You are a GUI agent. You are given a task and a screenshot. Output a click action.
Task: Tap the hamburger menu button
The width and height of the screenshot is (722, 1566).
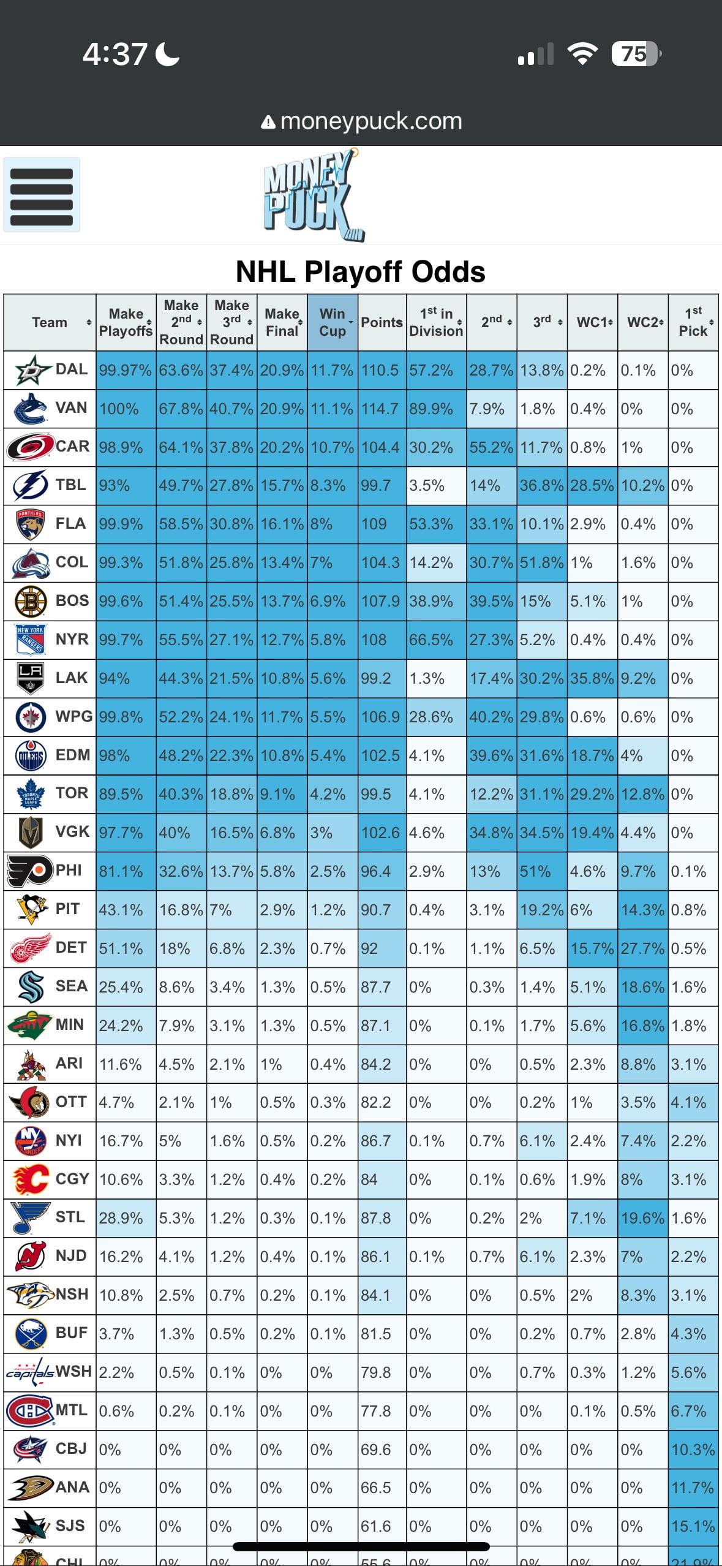point(42,195)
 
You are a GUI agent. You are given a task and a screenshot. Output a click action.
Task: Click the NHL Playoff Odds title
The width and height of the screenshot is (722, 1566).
point(361,271)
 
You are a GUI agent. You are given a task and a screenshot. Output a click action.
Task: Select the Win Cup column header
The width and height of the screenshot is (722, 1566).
point(333,322)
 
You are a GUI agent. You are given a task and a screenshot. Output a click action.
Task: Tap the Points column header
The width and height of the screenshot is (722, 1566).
point(382,322)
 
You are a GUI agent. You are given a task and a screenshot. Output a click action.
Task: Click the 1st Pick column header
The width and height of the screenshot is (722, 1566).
point(693,322)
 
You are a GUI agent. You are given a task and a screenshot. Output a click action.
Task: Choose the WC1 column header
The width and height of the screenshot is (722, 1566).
point(592,322)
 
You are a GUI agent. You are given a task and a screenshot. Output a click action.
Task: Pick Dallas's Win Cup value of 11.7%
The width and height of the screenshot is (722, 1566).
point(332,371)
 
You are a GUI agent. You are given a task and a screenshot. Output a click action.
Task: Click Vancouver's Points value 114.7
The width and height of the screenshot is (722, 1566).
point(380,409)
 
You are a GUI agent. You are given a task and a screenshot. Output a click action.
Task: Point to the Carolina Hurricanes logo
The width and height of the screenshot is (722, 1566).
point(29,447)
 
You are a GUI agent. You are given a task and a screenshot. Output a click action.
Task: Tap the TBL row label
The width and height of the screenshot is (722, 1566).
point(71,485)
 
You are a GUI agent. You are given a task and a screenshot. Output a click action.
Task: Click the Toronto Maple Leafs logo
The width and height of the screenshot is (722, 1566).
point(29,794)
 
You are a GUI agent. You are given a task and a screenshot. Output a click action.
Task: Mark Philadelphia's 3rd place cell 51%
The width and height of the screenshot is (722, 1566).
point(535,871)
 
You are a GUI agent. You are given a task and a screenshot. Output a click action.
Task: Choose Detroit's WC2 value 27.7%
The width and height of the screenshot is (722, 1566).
point(642,948)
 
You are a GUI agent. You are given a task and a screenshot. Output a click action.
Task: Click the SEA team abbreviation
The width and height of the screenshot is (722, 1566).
point(71,986)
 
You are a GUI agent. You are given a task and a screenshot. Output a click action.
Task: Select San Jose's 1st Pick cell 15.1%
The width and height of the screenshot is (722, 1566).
point(693,1526)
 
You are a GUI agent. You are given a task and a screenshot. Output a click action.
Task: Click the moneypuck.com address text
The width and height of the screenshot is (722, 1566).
point(370,121)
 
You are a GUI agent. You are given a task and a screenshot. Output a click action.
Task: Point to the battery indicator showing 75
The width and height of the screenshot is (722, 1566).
point(634,54)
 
